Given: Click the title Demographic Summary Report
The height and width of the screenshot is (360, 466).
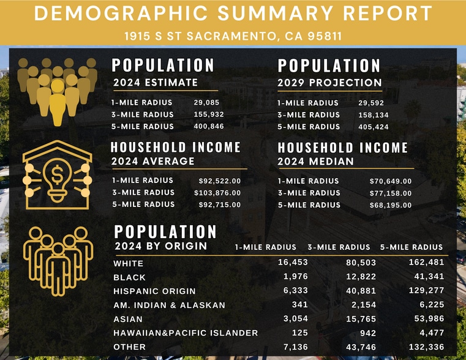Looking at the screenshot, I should [x=233, y=13].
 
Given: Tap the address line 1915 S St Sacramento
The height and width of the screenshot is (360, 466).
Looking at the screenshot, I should [x=233, y=36].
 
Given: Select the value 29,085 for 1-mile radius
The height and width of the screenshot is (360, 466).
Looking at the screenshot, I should [x=206, y=102].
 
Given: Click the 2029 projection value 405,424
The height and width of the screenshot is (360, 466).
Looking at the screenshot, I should [x=373, y=127].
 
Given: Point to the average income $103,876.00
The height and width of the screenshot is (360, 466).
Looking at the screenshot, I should [x=220, y=193].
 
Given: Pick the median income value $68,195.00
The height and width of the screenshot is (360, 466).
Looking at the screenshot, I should [x=391, y=205].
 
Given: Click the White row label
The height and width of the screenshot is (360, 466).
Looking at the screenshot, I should [x=129, y=264].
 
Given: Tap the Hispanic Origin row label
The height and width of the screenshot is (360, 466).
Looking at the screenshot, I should [x=154, y=291].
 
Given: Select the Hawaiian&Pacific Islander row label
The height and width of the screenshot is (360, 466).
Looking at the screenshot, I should [x=186, y=333].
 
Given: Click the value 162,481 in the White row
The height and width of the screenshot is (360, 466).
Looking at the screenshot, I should [x=426, y=263].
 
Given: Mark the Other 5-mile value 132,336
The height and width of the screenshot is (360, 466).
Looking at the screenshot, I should [x=426, y=347].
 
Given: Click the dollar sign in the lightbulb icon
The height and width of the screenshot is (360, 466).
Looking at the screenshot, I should [x=58, y=176].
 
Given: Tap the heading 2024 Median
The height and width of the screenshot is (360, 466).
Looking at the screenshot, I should [x=315, y=162].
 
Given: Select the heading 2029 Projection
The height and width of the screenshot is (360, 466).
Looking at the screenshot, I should [x=329, y=83].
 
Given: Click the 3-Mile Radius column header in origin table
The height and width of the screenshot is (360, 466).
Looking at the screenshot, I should [x=339, y=247].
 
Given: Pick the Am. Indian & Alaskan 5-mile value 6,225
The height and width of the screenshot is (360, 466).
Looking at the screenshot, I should [x=430, y=305].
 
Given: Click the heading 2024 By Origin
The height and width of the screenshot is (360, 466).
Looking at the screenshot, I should [x=160, y=246].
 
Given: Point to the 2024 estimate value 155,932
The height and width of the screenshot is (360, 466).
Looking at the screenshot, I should [x=209, y=114].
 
